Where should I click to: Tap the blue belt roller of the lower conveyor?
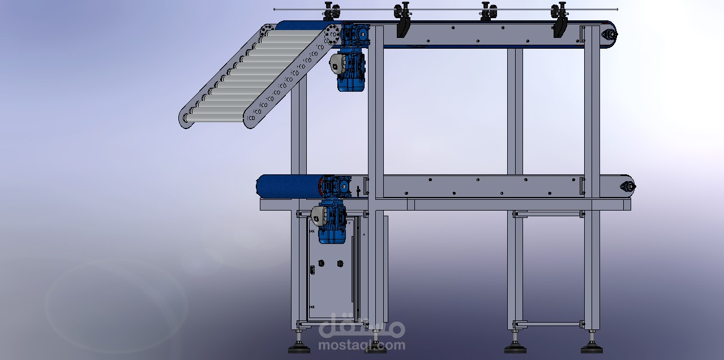290,186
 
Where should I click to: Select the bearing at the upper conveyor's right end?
609,34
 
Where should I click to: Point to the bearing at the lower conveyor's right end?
628,186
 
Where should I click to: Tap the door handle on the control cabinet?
312,270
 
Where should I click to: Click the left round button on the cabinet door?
321,263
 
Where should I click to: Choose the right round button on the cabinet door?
340,264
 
